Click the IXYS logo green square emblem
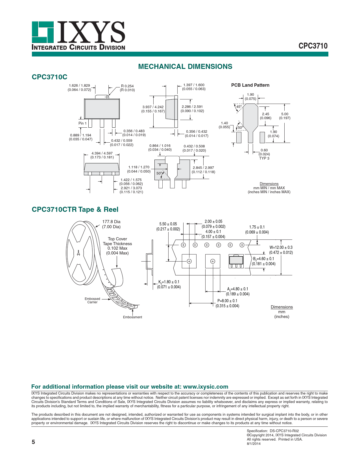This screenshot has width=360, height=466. (43, 32)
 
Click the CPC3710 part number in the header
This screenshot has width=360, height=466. (313, 46)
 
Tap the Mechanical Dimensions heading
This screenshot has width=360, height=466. (185, 67)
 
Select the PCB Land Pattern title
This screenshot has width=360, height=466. (250, 85)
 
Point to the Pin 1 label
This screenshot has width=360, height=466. (82, 123)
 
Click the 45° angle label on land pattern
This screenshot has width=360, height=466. (239, 107)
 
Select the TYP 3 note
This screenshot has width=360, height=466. (264, 158)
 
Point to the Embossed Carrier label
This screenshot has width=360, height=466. (92, 300)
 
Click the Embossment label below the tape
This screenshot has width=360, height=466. (132, 317)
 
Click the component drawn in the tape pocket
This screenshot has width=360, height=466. (236, 261)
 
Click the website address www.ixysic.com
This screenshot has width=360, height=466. (206, 387)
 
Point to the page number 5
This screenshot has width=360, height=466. (33, 442)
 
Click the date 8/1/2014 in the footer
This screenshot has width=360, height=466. (254, 444)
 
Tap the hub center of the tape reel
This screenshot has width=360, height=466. (78, 253)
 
